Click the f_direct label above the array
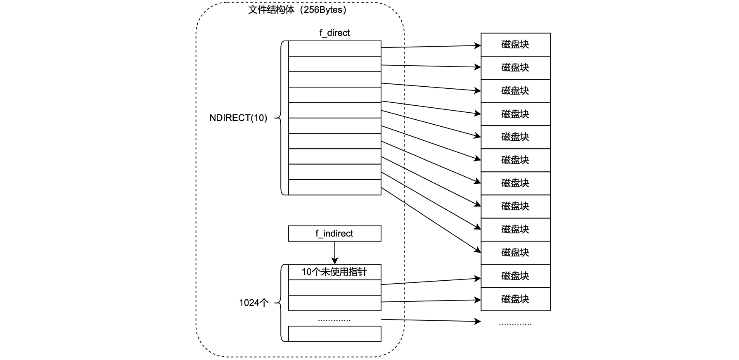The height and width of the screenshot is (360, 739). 334,33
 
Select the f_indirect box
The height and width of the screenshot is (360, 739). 334,234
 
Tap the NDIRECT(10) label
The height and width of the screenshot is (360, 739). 238,118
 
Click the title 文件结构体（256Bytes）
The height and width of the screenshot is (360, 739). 297,10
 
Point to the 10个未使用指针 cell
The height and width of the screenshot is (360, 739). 334,272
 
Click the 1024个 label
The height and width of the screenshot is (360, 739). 253,303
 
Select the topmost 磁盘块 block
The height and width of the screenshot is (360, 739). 516,45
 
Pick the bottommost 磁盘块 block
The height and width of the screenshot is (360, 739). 516,299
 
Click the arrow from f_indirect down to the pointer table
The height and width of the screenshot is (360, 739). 335,252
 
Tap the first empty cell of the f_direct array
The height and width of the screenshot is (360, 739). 334,48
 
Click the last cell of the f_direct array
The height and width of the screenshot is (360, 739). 334,187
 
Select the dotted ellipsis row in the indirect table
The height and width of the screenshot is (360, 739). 334,319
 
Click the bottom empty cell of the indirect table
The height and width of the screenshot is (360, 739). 334,334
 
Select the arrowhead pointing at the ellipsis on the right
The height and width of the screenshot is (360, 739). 478,321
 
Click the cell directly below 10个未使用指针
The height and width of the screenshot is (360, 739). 334,287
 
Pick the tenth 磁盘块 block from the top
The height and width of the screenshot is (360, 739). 516,253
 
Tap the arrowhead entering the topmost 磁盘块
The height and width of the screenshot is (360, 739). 478,45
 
